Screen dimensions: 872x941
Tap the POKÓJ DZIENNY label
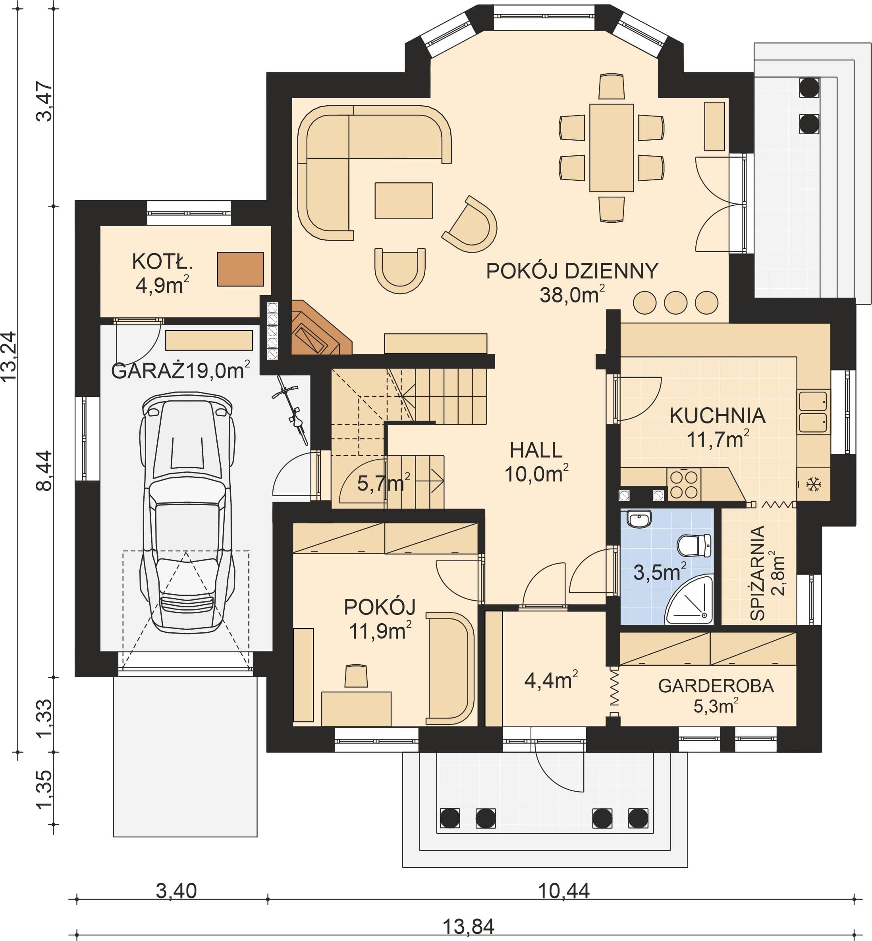(x=572, y=271)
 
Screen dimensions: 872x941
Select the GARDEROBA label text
(x=716, y=686)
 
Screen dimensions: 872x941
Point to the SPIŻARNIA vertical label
(x=757, y=573)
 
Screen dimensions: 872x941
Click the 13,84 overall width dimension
(x=468, y=926)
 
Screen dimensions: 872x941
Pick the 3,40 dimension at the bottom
(x=176, y=891)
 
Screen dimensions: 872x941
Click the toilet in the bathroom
(x=694, y=545)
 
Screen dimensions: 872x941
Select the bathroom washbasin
(x=639, y=519)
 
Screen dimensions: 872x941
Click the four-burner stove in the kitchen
(x=684, y=484)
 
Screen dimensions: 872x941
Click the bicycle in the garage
(x=291, y=409)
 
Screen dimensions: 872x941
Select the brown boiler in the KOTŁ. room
(x=240, y=269)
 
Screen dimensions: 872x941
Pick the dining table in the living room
(x=611, y=148)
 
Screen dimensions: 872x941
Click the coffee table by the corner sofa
(x=403, y=201)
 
